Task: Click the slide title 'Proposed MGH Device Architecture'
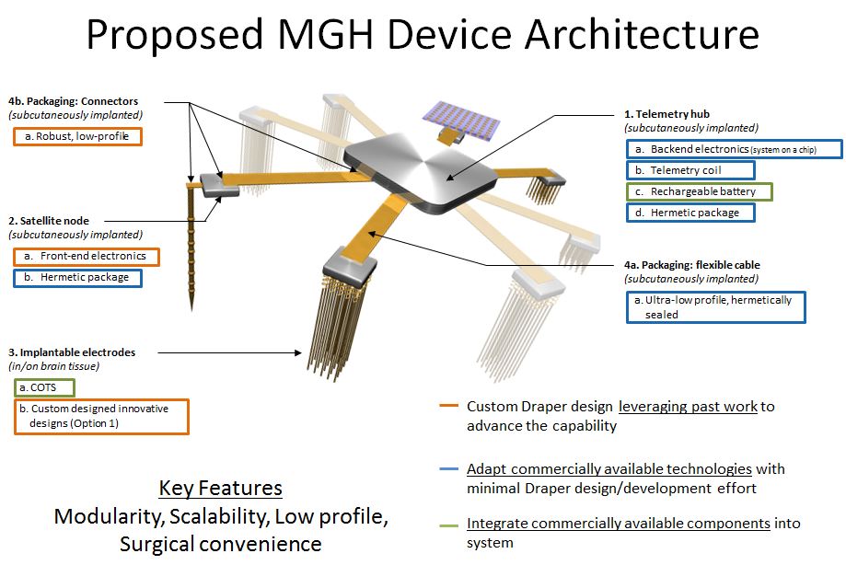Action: [x=423, y=35]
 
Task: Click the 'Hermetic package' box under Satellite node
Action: [x=78, y=277]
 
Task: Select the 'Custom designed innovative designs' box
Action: [x=101, y=416]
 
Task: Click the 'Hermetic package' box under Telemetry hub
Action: [x=690, y=213]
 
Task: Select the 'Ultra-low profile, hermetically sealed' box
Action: [x=716, y=307]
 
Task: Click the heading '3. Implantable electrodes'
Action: [x=71, y=352]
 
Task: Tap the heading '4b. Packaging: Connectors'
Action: [x=73, y=100]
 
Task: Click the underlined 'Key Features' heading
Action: [x=220, y=488]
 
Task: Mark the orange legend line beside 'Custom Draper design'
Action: [x=449, y=407]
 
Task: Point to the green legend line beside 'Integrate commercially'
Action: [x=449, y=524]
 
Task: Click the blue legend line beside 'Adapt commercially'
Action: [x=449, y=469]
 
